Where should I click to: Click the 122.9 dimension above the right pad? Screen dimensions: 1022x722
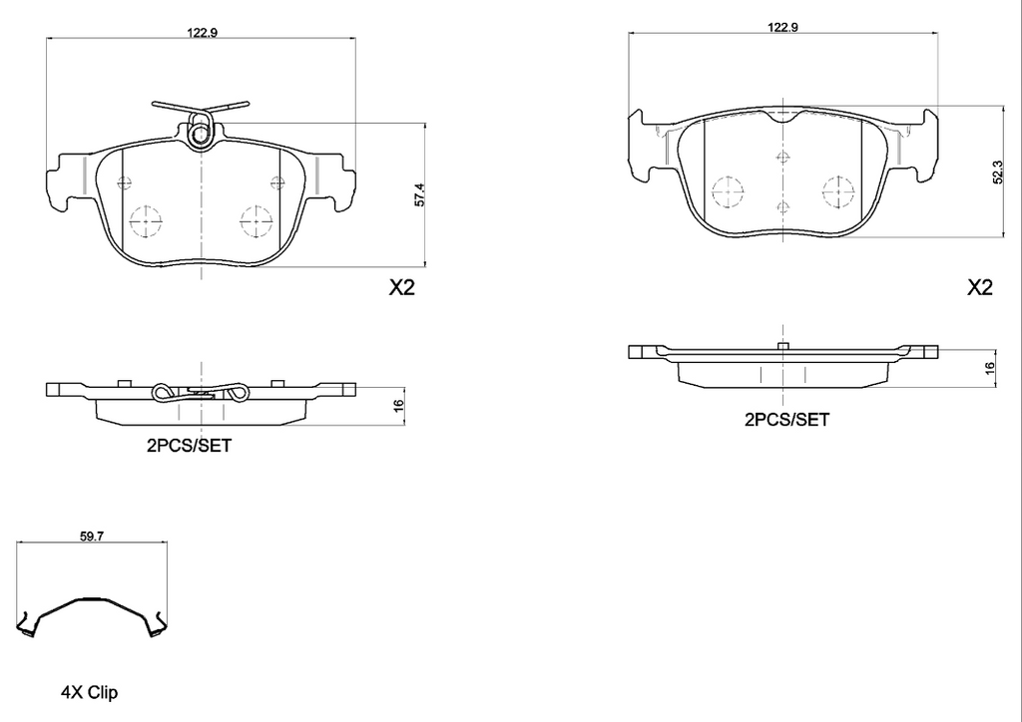(782, 27)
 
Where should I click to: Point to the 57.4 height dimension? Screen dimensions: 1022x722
(420, 195)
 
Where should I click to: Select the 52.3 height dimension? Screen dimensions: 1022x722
(998, 173)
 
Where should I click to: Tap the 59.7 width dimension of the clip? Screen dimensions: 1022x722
(93, 537)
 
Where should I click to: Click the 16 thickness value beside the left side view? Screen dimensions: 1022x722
(399, 404)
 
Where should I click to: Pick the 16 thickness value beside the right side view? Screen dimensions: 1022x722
(990, 368)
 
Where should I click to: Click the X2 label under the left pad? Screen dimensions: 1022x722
(401, 287)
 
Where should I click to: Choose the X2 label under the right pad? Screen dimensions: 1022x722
(979, 287)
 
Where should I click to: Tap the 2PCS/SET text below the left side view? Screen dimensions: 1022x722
(189, 446)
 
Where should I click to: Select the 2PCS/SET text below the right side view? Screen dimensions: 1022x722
(786, 420)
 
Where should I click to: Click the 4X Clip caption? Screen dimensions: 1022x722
(89, 693)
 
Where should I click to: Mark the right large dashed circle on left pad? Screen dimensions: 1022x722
(256, 222)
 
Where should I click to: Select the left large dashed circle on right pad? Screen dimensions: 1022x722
(728, 192)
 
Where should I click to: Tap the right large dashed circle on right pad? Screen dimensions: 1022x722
(838, 192)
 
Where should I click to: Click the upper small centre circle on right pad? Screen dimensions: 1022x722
(782, 157)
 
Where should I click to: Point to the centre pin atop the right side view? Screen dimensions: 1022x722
(782, 346)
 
